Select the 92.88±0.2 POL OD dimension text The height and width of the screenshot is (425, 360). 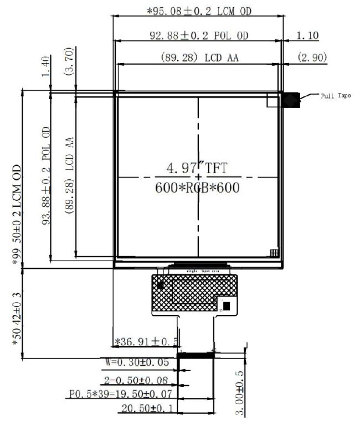(199, 35)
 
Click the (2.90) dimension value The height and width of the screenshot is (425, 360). (312, 58)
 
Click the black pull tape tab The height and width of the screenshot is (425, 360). (291, 100)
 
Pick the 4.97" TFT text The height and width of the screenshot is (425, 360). (198, 167)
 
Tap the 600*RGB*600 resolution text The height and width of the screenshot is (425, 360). (198, 188)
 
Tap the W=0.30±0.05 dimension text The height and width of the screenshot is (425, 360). (139, 363)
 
